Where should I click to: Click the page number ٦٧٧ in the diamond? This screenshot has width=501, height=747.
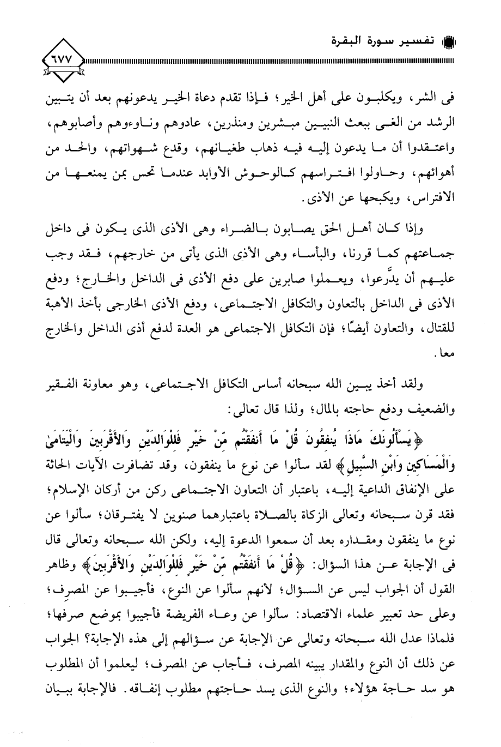pyautogui.click(x=62, y=56)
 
